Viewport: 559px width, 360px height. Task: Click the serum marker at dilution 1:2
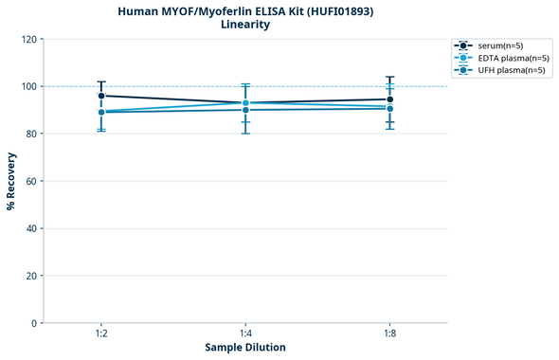click(x=101, y=96)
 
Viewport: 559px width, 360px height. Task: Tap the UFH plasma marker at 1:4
click(x=245, y=110)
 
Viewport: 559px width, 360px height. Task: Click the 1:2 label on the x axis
click(x=101, y=334)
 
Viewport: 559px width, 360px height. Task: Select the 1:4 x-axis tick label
click(x=245, y=334)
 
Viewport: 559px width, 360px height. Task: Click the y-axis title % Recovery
click(x=11, y=180)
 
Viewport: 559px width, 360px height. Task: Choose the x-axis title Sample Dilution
click(x=245, y=348)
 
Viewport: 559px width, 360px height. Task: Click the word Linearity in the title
click(x=245, y=25)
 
